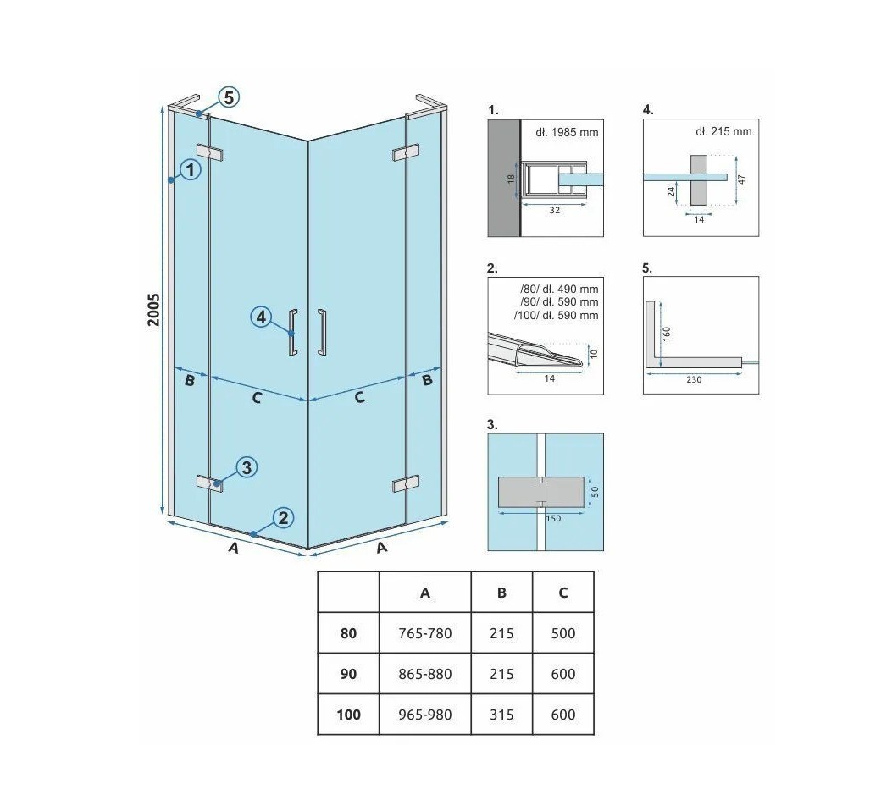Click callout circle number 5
point(229,97)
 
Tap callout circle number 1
point(191,169)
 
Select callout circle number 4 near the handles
point(261,317)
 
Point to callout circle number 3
point(247,467)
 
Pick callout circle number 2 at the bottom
point(283,518)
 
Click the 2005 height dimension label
point(153,310)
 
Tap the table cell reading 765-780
point(424,633)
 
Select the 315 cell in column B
point(501,715)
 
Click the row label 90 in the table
point(348,674)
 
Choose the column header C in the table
point(563,593)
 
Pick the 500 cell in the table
point(563,633)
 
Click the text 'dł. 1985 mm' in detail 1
point(567,133)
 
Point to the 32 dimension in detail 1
point(555,211)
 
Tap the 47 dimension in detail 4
point(742,179)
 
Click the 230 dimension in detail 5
point(694,379)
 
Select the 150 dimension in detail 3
point(553,518)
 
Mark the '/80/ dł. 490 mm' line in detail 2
point(559,290)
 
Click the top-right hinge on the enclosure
point(406,152)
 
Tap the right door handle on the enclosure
point(321,332)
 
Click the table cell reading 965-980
point(424,715)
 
